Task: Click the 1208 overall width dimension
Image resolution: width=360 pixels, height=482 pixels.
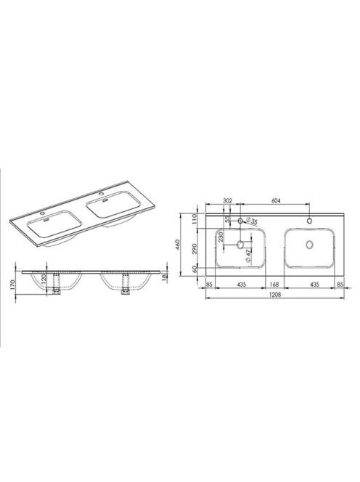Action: coord(275,294)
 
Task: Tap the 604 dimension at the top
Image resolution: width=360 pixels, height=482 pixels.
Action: coord(277,201)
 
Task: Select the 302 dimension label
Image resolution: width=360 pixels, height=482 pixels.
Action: coord(227,201)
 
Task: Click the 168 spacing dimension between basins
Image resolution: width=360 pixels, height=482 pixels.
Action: coord(274,285)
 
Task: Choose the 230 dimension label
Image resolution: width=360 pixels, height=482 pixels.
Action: coord(221,237)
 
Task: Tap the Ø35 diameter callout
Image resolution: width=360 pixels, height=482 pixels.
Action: coord(251,221)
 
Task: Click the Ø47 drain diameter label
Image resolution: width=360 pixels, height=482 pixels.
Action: coord(248,255)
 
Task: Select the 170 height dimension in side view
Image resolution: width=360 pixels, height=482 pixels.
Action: coord(12,285)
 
